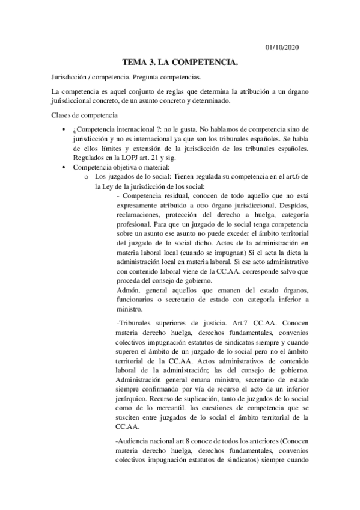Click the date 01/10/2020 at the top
282,48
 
